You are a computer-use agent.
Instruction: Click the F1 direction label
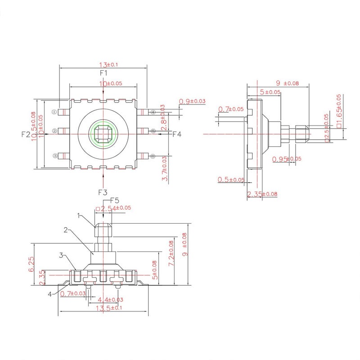point(103,72)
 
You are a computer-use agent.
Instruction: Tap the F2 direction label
point(26,135)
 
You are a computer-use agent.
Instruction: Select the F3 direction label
point(103,192)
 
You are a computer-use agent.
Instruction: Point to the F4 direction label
point(177,134)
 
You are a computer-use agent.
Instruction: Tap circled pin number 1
point(54,112)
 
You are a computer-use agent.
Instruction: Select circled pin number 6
point(153,156)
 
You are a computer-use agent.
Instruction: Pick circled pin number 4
point(153,112)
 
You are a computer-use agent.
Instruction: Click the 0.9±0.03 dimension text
point(192,101)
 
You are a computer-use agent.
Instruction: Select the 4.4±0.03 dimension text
point(108,300)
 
